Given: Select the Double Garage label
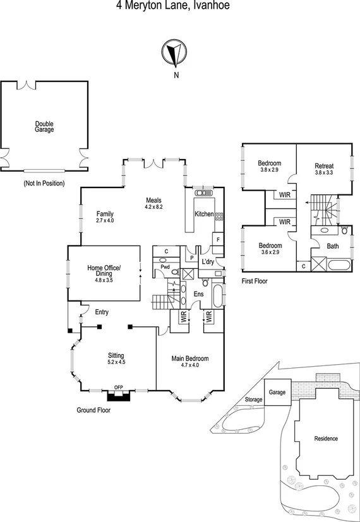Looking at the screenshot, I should (44, 126).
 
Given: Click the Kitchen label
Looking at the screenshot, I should (203, 214).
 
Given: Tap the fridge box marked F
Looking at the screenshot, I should (217, 240).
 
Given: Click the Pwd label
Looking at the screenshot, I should (165, 268).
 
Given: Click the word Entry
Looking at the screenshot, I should (102, 312).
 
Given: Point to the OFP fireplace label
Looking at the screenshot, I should (118, 387).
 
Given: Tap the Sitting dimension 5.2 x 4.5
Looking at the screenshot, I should (116, 362).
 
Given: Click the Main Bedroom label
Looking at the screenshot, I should (189, 359).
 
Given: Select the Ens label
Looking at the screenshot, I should (198, 294).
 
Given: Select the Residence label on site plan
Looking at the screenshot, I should (326, 439).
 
